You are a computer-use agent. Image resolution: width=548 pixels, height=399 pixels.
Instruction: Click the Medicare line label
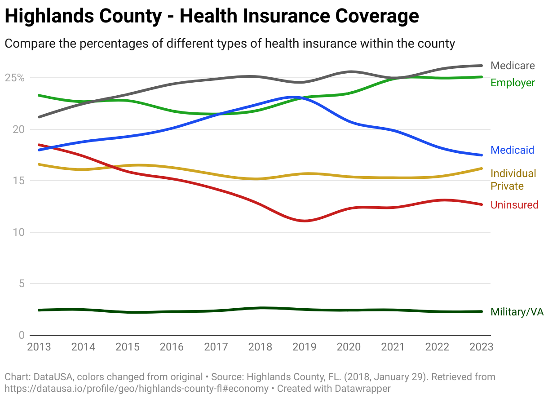pyautogui.click(x=513, y=66)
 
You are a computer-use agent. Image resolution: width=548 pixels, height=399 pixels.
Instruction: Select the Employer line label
pyautogui.click(x=513, y=83)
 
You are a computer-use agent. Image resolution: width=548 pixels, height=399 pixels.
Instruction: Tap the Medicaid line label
pyautogui.click(x=512, y=150)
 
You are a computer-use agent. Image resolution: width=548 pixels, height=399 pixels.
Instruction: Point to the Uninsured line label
pyautogui.click(x=514, y=205)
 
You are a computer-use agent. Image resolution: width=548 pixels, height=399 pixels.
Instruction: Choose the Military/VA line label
pyautogui.click(x=517, y=312)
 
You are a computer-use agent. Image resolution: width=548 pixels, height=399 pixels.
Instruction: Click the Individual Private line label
pyautogui.click(x=513, y=180)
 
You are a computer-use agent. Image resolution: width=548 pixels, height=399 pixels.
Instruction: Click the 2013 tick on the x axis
pyautogui.click(x=39, y=347)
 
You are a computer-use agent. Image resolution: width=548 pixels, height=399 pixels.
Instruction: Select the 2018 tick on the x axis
pyautogui.click(x=261, y=347)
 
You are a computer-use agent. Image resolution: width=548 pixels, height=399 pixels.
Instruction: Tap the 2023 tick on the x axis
pyautogui.click(x=482, y=347)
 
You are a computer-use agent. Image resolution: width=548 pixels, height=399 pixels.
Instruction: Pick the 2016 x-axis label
pyautogui.click(x=172, y=347)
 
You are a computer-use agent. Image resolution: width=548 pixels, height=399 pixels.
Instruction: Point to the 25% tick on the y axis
pyautogui.click(x=15, y=78)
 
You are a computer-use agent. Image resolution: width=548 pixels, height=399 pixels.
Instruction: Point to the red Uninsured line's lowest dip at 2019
pyautogui.click(x=305, y=221)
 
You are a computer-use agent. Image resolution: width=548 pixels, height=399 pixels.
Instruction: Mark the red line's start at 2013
pyautogui.click(x=40, y=145)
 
